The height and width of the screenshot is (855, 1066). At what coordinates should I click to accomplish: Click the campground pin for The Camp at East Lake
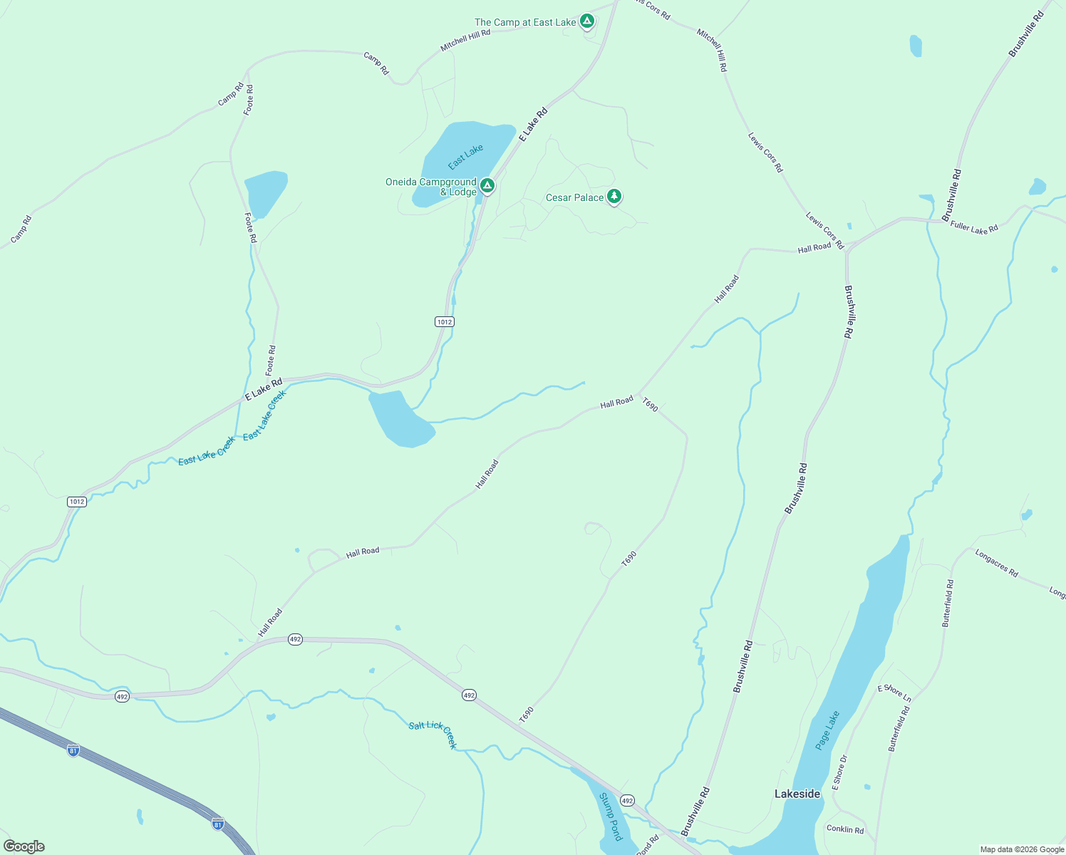(586, 21)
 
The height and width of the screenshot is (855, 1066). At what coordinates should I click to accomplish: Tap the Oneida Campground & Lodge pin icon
(487, 186)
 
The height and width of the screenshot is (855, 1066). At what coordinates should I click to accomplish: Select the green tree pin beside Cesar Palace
(614, 196)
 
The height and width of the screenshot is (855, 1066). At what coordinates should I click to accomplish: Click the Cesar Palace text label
(574, 197)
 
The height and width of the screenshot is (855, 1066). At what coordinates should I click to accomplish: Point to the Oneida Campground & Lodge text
(431, 187)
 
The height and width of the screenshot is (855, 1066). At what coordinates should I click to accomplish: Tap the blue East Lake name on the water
(466, 157)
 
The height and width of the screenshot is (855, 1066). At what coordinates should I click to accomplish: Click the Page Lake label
(827, 730)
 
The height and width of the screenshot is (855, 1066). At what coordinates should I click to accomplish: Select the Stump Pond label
(611, 816)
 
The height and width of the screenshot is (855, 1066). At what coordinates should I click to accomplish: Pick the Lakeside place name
(797, 794)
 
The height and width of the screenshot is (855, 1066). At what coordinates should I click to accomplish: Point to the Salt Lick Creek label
(433, 734)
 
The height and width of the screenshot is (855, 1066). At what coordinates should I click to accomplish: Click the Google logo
(24, 846)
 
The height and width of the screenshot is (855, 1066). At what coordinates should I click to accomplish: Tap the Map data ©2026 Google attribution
(1022, 849)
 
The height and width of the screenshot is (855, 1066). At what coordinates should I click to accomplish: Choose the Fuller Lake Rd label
(974, 227)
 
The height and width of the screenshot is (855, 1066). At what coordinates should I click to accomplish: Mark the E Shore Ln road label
(894, 693)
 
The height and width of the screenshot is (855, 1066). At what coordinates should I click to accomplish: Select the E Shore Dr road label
(840, 772)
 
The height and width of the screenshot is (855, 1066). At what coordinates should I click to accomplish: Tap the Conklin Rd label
(845, 829)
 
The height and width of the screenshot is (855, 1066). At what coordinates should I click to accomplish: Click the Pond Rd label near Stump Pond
(648, 845)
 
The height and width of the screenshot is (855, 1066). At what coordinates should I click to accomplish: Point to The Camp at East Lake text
(525, 23)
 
